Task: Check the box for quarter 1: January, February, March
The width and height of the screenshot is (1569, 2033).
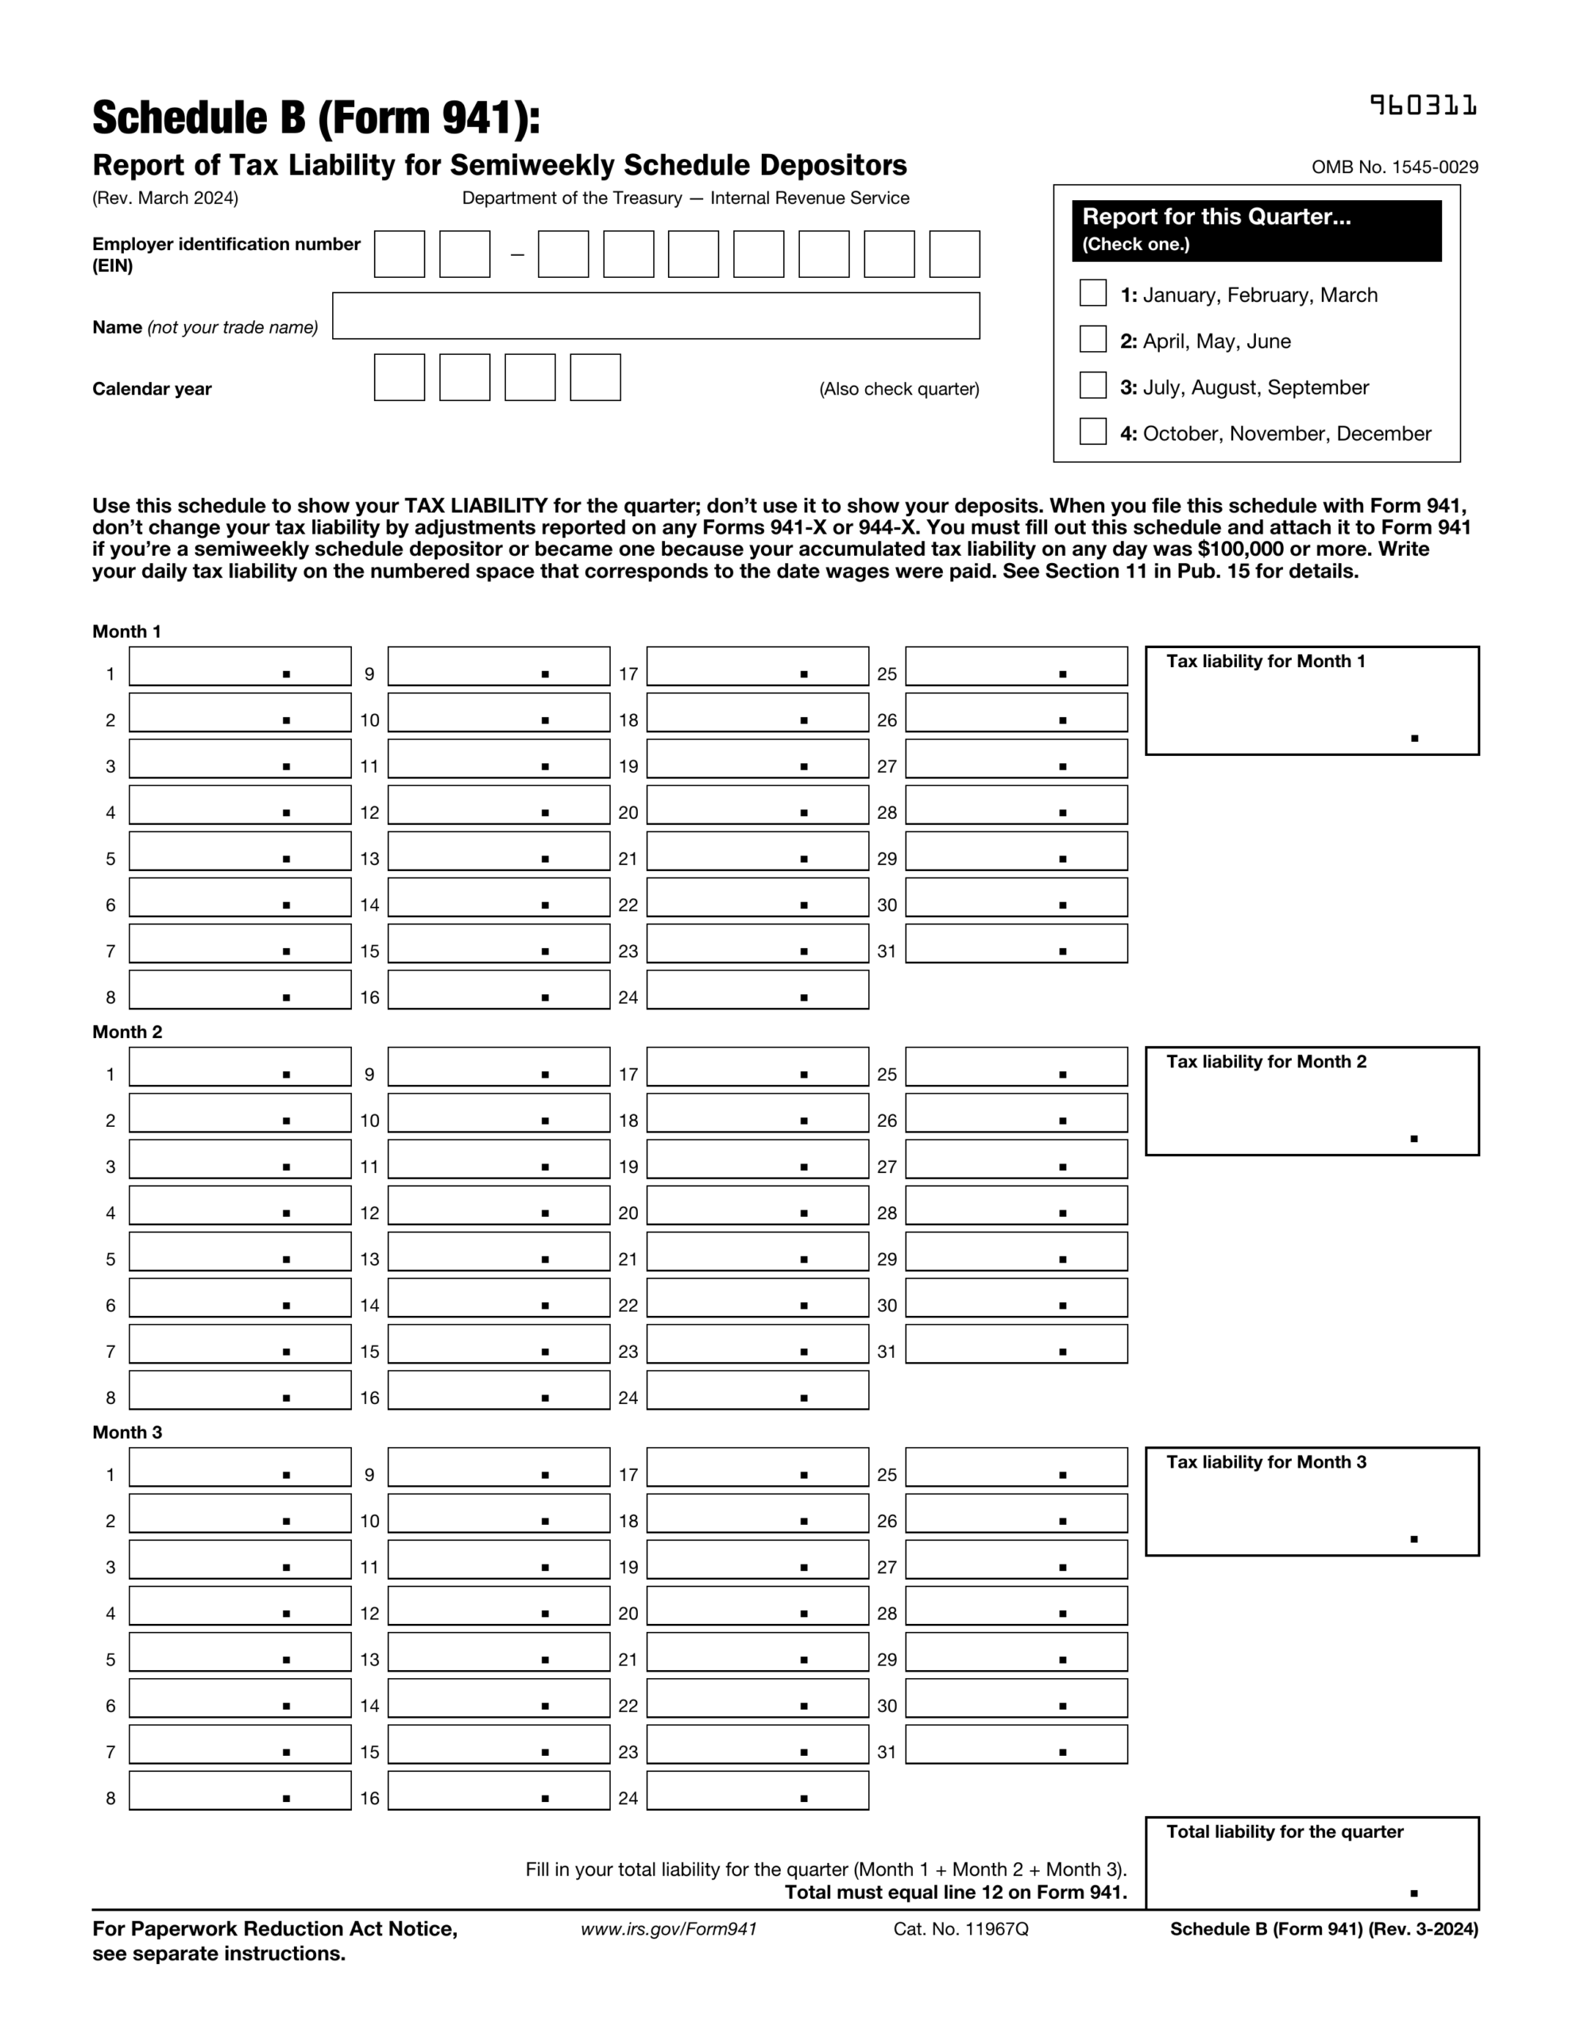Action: point(1092,293)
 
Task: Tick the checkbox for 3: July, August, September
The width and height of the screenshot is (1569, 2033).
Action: point(1092,385)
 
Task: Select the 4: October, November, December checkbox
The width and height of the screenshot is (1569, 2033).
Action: point(1092,432)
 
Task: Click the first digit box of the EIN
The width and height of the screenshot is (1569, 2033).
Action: point(399,254)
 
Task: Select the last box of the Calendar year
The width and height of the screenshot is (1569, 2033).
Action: point(595,378)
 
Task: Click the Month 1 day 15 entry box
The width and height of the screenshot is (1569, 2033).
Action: point(498,944)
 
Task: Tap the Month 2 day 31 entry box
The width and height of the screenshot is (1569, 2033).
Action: point(1015,1344)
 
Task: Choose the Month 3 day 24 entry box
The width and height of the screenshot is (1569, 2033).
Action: point(757,1791)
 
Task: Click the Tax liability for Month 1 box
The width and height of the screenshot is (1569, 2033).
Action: point(1311,701)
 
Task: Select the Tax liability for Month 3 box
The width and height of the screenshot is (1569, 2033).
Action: point(1311,1502)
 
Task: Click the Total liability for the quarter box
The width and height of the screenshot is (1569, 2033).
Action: point(1311,1864)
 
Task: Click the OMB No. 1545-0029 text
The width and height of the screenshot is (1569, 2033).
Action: point(1394,168)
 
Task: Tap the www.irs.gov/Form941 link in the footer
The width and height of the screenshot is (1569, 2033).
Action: point(669,1930)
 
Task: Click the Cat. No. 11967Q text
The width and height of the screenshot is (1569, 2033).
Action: point(960,1930)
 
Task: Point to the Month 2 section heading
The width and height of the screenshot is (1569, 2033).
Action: point(126,1032)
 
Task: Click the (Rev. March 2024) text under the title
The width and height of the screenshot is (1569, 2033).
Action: point(164,199)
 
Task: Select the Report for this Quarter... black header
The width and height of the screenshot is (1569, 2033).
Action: point(1256,229)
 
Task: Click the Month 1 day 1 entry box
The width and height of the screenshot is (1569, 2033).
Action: point(239,666)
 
